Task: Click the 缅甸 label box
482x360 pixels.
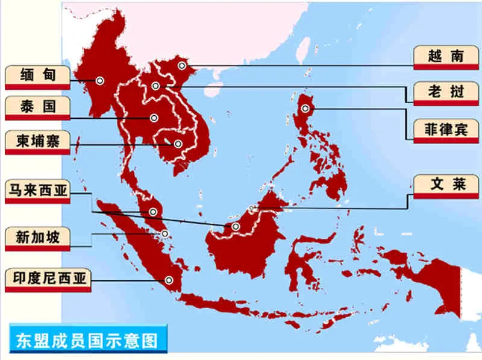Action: [37, 76]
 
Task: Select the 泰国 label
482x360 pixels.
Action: [37, 107]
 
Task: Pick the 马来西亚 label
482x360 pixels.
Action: [37, 191]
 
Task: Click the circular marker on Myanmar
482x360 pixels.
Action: [99, 80]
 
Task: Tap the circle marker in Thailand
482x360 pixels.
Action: [154, 118]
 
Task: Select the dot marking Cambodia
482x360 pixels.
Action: [178, 144]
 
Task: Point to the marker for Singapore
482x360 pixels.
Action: [164, 234]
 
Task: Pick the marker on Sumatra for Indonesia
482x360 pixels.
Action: [169, 279]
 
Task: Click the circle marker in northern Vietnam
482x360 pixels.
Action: [181, 65]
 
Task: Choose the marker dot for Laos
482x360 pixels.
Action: [155, 86]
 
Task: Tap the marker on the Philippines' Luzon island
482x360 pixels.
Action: [305, 109]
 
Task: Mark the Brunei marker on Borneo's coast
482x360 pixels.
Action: [252, 209]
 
